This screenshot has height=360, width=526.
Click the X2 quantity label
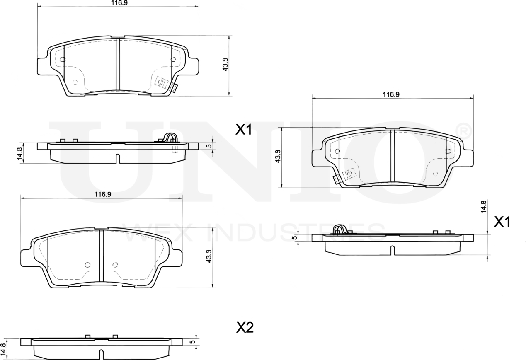(245, 328)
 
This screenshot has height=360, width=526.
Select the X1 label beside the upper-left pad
(244, 130)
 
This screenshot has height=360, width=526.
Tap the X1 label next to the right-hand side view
(502, 222)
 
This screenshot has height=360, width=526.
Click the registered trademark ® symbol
(463, 130)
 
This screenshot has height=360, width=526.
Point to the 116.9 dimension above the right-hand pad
(390, 94)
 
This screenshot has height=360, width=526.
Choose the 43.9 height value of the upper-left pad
(226, 65)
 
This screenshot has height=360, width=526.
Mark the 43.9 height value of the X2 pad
(209, 257)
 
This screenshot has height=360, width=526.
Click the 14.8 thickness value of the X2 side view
(4, 348)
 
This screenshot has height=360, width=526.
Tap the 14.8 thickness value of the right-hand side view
(483, 206)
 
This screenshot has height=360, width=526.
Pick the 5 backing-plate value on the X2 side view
(192, 342)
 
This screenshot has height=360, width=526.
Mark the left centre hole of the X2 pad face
(87, 265)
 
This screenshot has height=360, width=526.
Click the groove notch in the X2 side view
(101, 354)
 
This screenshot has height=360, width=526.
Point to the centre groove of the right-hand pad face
(393, 156)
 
